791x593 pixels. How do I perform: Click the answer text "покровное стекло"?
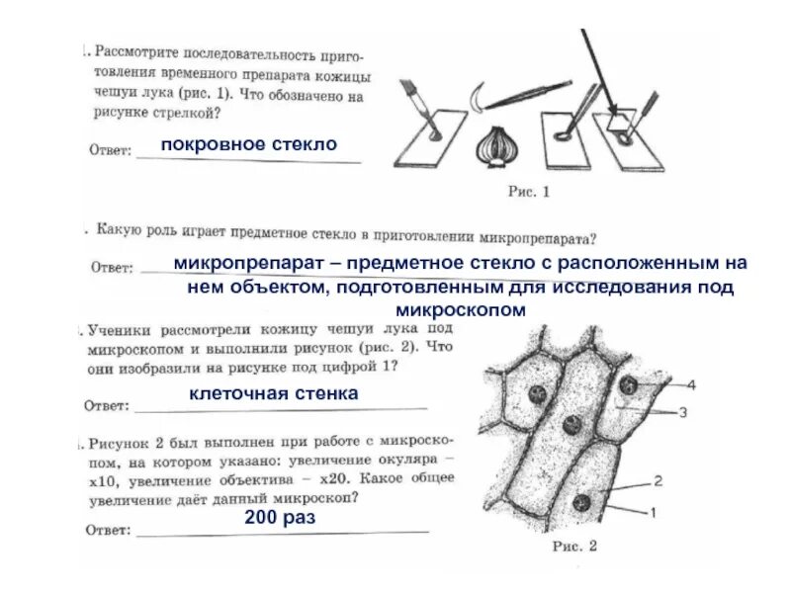tap(249, 144)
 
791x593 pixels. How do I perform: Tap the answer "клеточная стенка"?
tap(273, 394)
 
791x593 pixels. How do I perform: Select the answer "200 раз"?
tap(279, 517)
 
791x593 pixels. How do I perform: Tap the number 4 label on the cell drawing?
tap(691, 384)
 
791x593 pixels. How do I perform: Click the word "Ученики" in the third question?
tap(118, 330)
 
